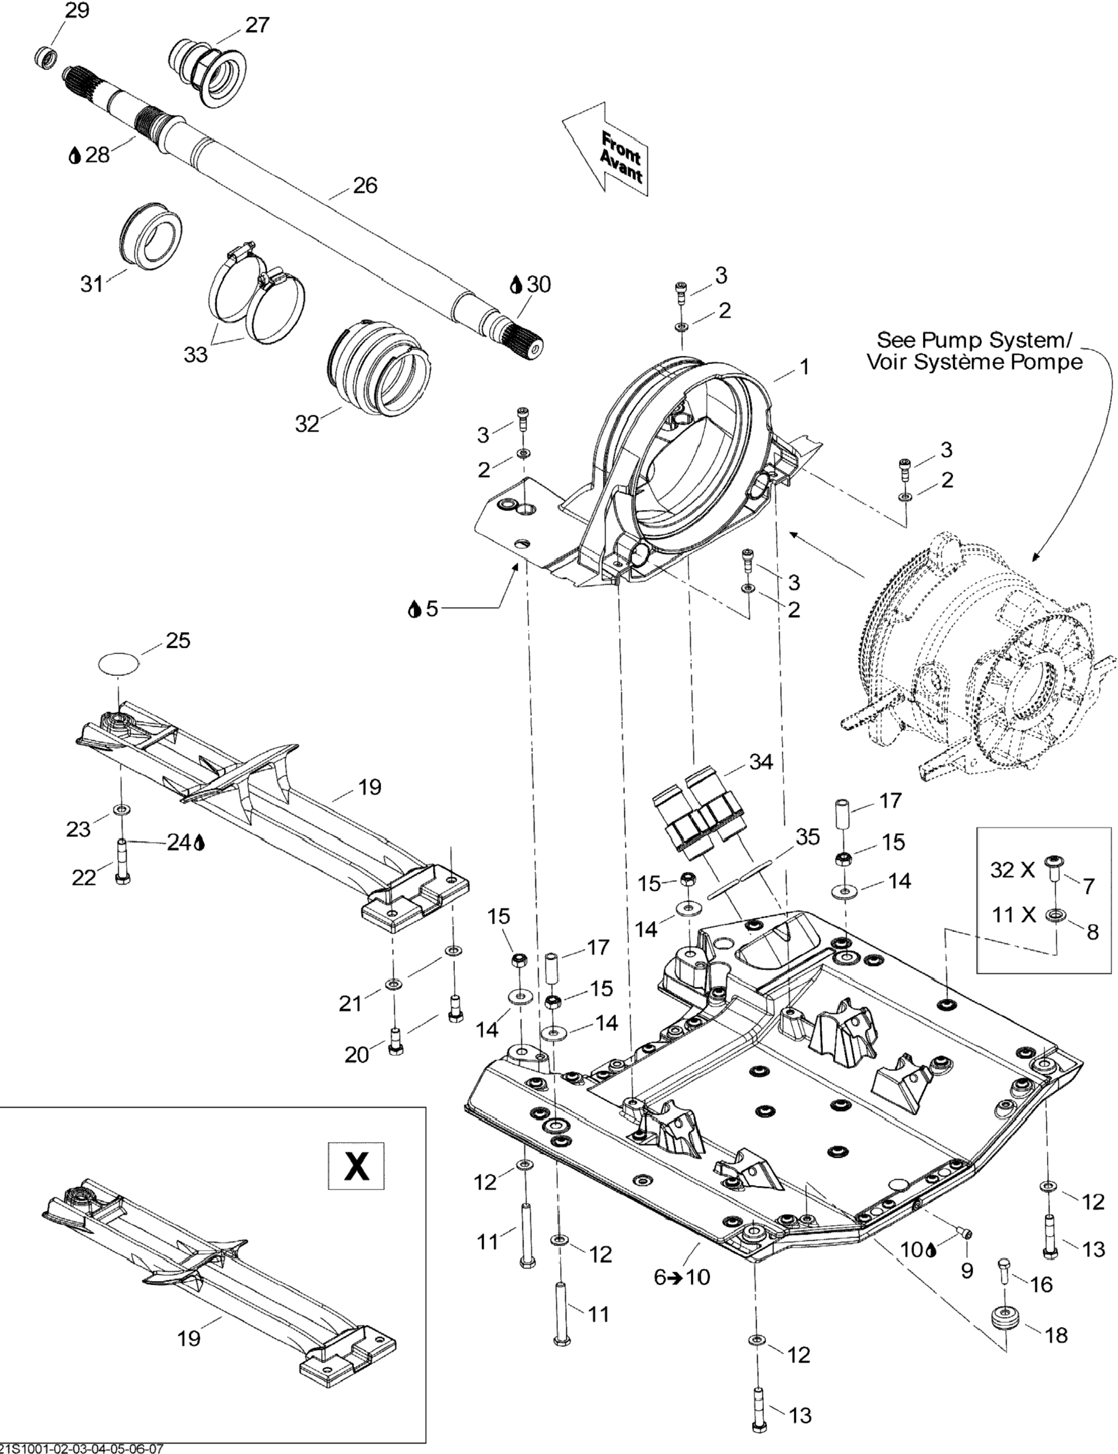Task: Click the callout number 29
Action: (77, 11)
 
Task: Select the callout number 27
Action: (257, 24)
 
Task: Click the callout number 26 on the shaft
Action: (365, 186)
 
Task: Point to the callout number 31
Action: (92, 284)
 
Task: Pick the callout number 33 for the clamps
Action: (196, 355)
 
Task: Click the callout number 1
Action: (804, 367)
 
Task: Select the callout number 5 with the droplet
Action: (432, 609)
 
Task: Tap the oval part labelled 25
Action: (119, 662)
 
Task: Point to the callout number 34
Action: (761, 761)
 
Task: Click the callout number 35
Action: (808, 837)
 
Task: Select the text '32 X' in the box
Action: (1012, 870)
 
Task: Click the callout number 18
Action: (1056, 1334)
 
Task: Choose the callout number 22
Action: (84, 877)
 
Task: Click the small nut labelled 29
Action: (45, 56)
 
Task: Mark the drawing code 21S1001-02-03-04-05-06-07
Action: (82, 1448)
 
